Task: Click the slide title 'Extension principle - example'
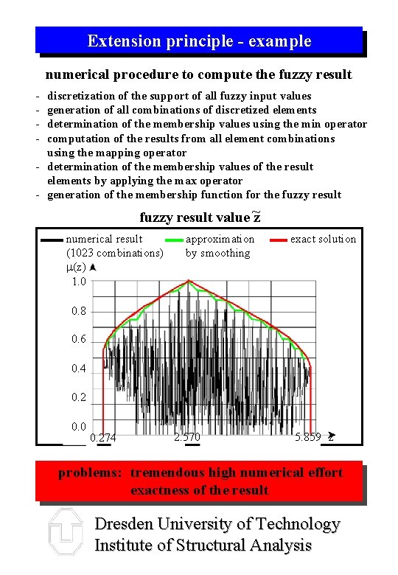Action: [199, 41]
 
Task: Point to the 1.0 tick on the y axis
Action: [79, 282]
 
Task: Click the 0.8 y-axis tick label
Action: [79, 311]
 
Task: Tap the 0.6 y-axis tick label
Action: [79, 340]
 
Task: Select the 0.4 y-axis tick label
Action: [79, 369]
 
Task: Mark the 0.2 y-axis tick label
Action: [79, 397]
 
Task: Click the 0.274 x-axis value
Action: [102, 438]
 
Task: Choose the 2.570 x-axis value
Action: [187, 437]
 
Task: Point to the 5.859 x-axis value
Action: [307, 437]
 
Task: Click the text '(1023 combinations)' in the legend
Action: [114, 253]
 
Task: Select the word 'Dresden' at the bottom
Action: [127, 525]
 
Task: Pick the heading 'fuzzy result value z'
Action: [200, 217]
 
